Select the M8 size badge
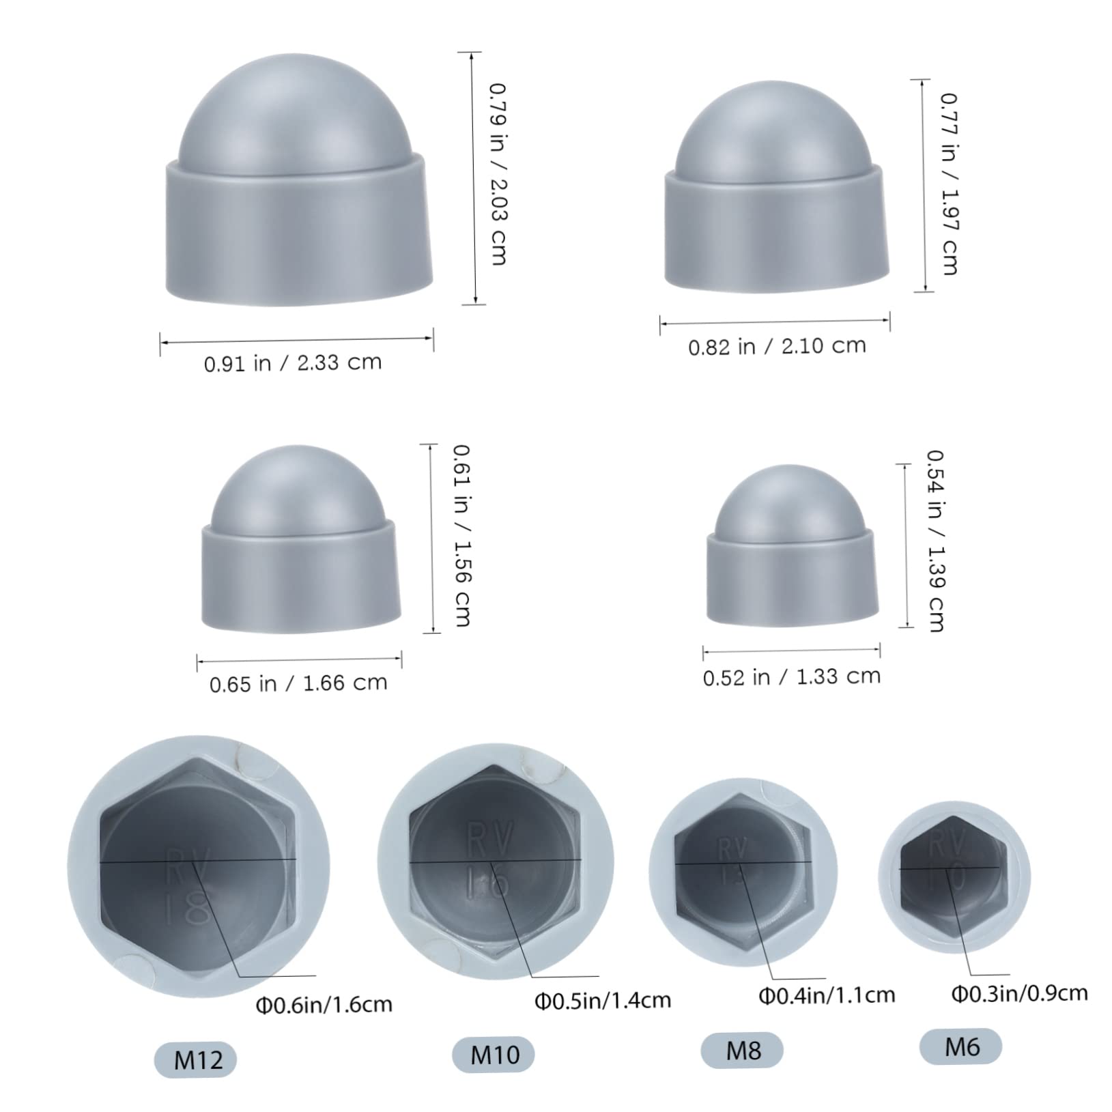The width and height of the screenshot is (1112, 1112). (743, 1049)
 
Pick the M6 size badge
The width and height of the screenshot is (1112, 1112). (962, 1046)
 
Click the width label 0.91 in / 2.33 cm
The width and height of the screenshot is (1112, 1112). (293, 362)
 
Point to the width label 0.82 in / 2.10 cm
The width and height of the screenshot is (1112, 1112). (777, 346)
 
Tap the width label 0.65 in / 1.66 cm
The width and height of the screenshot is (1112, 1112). (298, 683)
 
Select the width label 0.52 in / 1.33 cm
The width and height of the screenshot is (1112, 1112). (792, 677)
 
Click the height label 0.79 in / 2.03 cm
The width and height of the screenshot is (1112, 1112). (498, 174)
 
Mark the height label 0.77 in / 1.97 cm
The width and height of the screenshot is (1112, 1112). (949, 184)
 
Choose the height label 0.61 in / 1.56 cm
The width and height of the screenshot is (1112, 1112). (462, 536)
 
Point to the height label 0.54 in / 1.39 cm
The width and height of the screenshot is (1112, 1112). (935, 541)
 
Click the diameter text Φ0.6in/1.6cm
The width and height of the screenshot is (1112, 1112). (324, 1004)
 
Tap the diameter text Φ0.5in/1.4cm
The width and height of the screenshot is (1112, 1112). (603, 1001)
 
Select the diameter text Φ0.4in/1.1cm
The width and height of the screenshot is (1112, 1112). (827, 995)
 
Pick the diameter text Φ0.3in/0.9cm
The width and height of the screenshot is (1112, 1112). (1020, 993)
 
